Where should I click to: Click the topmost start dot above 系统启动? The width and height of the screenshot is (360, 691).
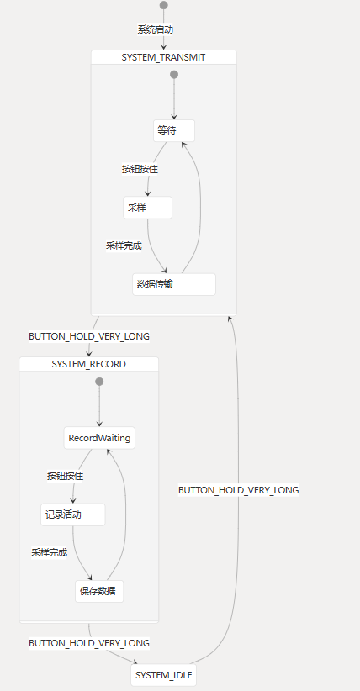tap(164, 5)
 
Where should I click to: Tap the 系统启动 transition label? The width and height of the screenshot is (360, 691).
tap(156, 29)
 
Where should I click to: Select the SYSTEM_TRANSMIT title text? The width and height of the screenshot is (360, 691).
tap(163, 57)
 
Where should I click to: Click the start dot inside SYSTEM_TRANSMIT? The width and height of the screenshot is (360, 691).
tap(174, 75)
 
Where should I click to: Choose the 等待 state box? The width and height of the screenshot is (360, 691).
tap(174, 131)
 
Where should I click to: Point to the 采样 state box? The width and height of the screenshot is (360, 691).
tap(147, 208)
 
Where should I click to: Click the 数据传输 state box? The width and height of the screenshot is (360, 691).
tap(174, 284)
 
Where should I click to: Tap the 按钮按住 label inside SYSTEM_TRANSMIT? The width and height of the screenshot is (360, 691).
tap(140, 169)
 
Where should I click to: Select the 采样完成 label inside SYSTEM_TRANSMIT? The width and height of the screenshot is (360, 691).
tap(124, 245)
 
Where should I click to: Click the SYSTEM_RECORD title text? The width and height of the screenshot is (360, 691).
tap(88, 364)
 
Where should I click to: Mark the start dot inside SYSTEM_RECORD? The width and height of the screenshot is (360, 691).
tap(99, 381)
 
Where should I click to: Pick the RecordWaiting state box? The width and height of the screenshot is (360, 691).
tap(99, 438)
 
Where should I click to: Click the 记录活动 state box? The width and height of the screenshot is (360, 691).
tap(73, 514)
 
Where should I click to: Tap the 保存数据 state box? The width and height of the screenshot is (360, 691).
tap(99, 592)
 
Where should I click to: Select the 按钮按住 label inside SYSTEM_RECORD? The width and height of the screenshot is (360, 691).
tap(66, 476)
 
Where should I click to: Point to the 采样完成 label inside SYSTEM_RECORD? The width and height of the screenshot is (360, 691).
tap(49, 552)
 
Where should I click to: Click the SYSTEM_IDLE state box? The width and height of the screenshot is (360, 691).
tap(164, 675)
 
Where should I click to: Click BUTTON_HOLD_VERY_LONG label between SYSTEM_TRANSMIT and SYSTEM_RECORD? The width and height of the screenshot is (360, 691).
tap(89, 336)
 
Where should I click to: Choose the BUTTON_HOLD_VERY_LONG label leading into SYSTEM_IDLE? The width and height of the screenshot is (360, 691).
tap(89, 643)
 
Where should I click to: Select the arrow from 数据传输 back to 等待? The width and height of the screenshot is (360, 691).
tap(200, 207)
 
